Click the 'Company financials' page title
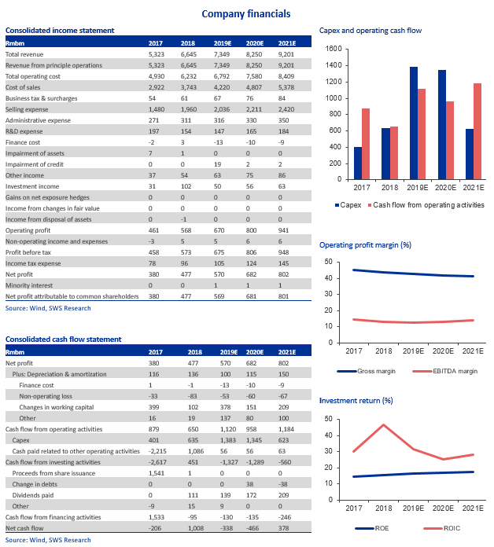point(245,13)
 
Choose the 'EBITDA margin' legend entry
point(423,370)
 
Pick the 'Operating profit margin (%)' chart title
point(366,245)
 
